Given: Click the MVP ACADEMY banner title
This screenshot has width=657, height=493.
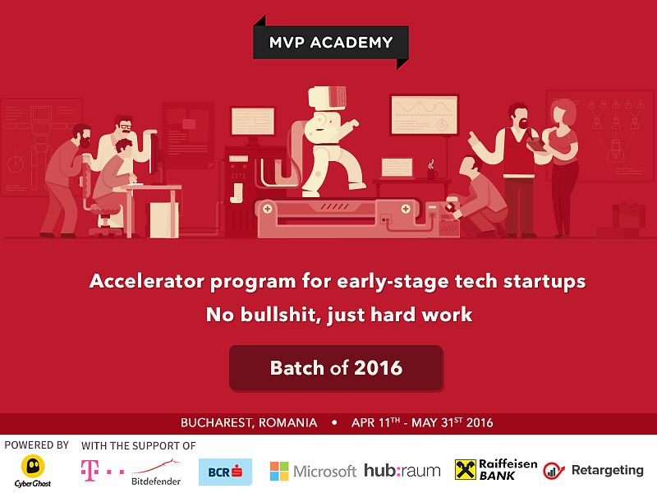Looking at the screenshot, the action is [x=331, y=43].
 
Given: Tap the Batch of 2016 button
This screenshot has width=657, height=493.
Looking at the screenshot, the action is [x=336, y=368].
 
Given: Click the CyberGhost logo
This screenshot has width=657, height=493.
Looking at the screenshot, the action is [x=33, y=471].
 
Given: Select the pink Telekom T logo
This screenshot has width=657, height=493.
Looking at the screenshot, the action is [x=90, y=470].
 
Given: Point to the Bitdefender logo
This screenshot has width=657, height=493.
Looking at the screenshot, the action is [x=156, y=472].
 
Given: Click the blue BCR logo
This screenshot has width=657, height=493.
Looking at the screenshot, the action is [x=225, y=472].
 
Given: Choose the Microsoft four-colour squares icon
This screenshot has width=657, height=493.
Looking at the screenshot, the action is [x=279, y=471].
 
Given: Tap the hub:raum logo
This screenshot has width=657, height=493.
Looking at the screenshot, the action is [x=402, y=470].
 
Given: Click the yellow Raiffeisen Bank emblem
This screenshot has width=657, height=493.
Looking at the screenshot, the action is [x=466, y=469].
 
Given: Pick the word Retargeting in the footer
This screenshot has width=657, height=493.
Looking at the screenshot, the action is [x=608, y=470].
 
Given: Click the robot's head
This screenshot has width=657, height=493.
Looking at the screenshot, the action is [x=327, y=97].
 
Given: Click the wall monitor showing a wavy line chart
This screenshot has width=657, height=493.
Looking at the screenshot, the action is [x=424, y=115].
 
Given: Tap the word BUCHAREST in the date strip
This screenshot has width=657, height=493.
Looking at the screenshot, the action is [x=215, y=422].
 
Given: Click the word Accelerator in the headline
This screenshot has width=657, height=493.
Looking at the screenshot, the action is [x=147, y=281].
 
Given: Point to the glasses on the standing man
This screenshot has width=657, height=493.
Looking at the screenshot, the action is [x=125, y=126].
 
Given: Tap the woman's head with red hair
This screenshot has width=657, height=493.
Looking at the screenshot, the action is [x=563, y=113].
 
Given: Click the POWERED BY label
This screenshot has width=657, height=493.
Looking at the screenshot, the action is [x=36, y=445].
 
